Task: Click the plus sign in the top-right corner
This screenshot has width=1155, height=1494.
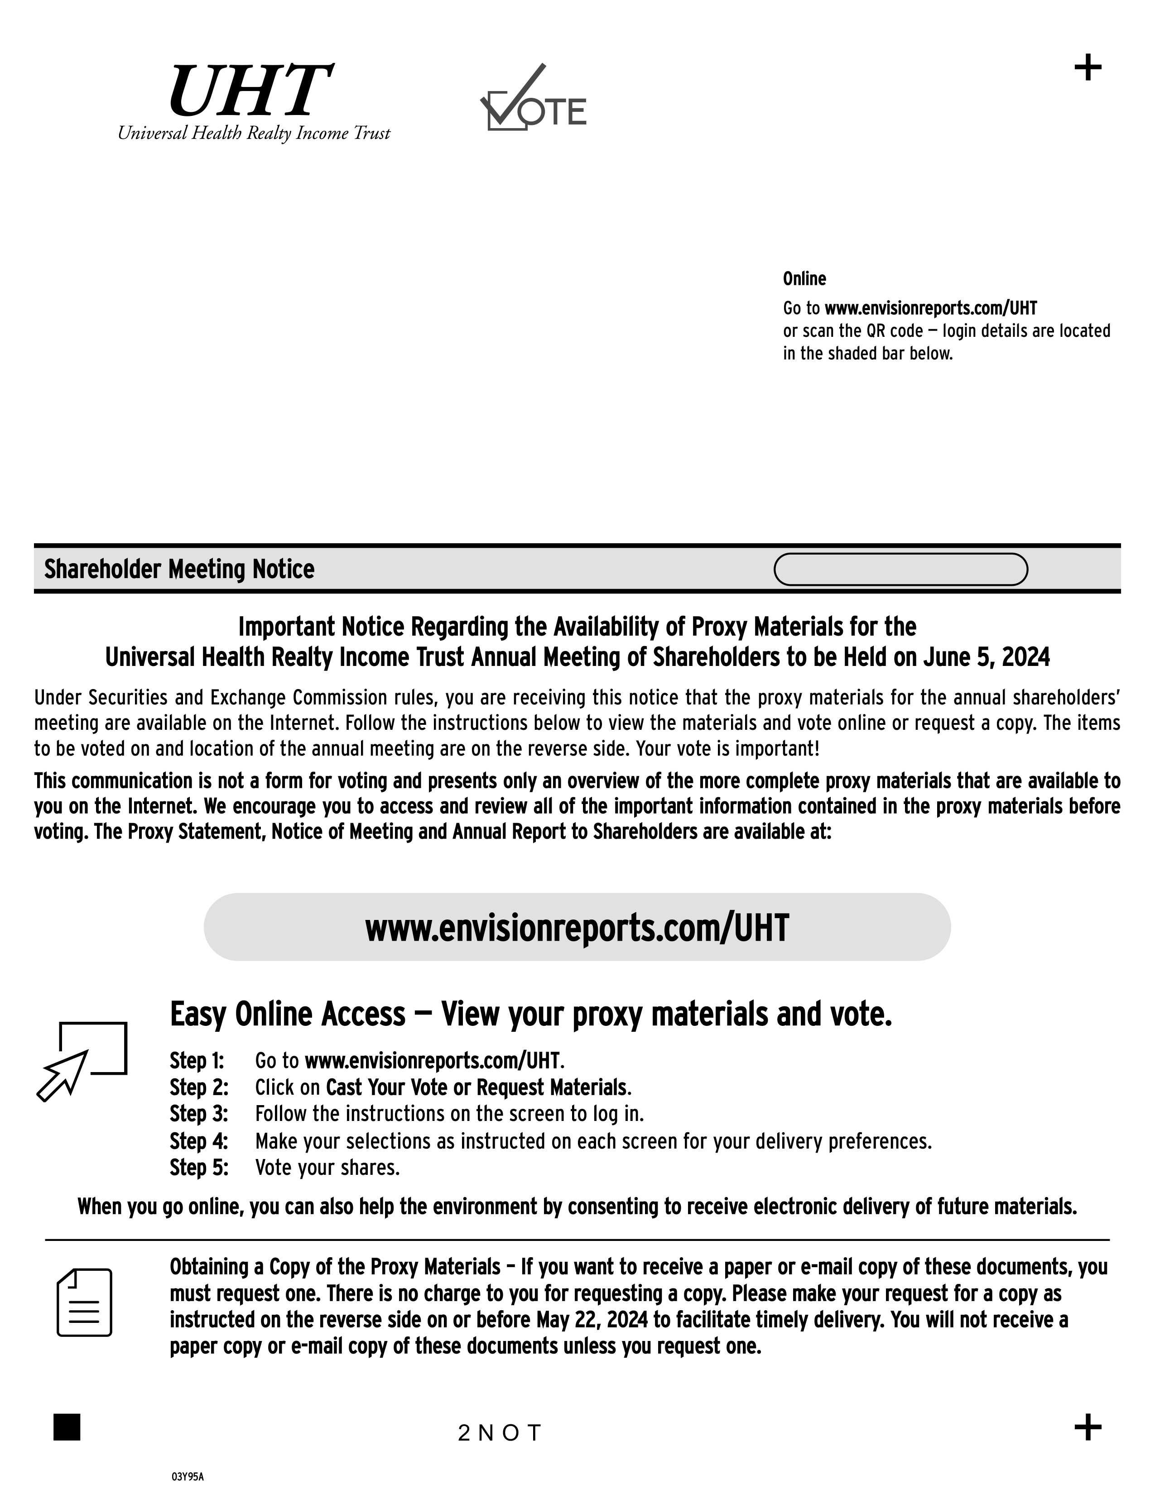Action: (1087, 68)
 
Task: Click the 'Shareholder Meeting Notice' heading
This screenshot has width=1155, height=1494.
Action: (179, 569)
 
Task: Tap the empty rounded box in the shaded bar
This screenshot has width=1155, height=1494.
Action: (900, 569)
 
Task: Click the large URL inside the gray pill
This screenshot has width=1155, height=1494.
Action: (577, 928)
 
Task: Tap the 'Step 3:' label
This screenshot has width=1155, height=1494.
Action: (198, 1114)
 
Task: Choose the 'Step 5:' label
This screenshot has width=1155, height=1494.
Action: (198, 1168)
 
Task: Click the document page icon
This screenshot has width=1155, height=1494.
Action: (84, 1302)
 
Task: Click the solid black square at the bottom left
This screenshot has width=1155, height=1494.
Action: (67, 1427)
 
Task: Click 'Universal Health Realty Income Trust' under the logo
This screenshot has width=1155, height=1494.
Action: (254, 133)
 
